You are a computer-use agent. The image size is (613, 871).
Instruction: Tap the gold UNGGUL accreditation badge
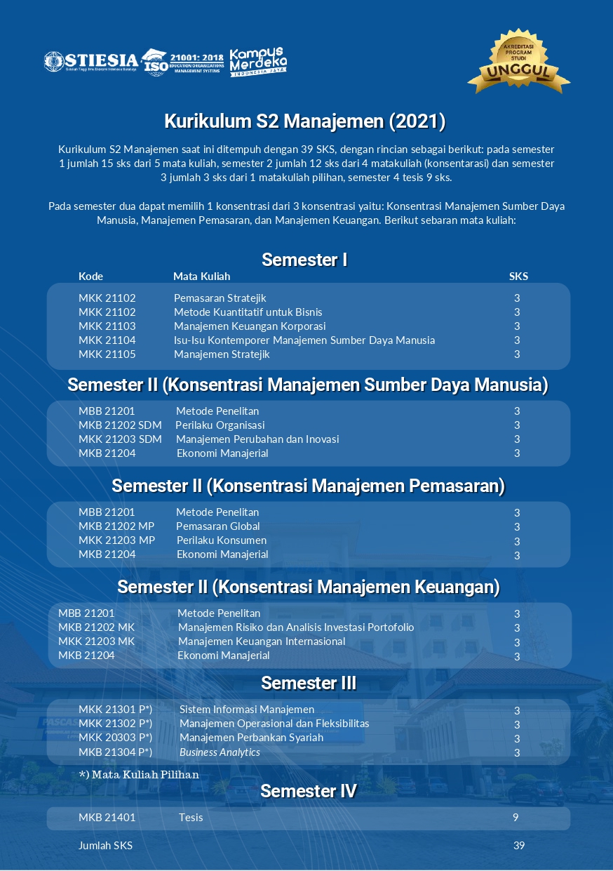pos(518,63)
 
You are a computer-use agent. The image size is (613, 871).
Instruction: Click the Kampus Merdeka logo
pos(258,62)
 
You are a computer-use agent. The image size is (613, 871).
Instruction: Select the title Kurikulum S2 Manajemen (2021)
pos(305,121)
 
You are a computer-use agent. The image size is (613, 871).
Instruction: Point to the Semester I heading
pos(304,260)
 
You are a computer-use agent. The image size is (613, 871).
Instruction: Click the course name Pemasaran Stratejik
pos(220,298)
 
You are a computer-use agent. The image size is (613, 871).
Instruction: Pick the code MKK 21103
pos(107,326)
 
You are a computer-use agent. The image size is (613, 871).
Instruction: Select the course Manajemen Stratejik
pos(222,354)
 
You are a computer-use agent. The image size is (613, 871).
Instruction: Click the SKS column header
pos(518,277)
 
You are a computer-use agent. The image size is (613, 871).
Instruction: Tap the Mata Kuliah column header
pos(201,277)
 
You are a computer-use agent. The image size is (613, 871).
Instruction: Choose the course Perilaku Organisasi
pos(220,425)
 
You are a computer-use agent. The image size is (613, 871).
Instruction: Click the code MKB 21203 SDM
pos(120,439)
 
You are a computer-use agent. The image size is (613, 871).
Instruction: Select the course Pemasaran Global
pos(217,526)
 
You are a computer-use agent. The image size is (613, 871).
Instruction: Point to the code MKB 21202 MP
pos(116,526)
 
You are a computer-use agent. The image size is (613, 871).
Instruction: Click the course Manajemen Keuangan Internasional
pos(262,641)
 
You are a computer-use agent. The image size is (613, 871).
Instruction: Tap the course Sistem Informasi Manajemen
pos(247,710)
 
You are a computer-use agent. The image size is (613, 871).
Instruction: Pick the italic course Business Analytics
pos(220,752)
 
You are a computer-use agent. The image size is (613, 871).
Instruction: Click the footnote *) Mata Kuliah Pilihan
pos(139,775)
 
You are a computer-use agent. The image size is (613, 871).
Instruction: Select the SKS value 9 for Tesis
pos(516,818)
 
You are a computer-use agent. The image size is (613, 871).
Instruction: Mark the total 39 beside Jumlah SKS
pos(518,846)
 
